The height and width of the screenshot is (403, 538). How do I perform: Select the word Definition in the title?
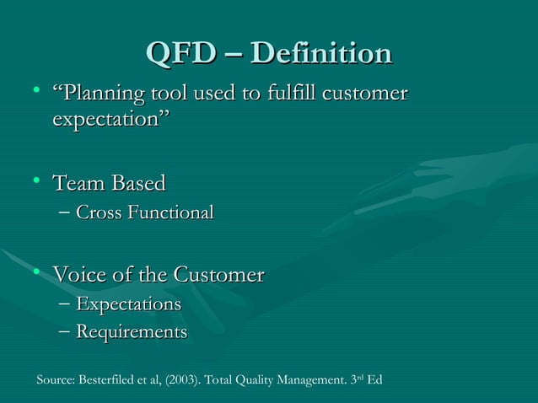click(x=322, y=53)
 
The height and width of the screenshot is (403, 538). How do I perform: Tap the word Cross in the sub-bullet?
click(x=99, y=212)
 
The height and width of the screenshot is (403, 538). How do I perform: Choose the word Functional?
click(x=169, y=212)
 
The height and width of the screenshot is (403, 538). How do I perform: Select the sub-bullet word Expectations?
click(x=128, y=304)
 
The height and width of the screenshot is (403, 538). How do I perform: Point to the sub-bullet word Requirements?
click(x=132, y=332)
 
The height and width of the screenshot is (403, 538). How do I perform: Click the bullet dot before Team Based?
click(x=37, y=180)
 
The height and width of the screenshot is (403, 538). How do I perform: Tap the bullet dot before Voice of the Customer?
click(x=37, y=272)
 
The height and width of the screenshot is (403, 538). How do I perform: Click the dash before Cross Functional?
click(x=66, y=212)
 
